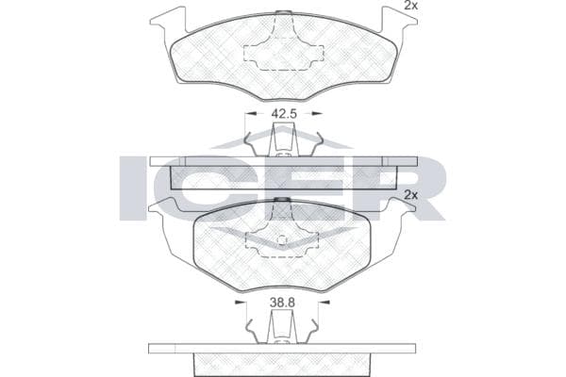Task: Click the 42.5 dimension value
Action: click(x=284, y=114)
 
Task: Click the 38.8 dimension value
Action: click(x=282, y=303)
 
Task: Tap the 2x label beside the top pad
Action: click(x=410, y=6)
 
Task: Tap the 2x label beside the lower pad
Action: click(x=410, y=195)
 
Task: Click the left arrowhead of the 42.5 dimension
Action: click(x=251, y=113)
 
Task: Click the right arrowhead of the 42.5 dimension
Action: click(x=317, y=113)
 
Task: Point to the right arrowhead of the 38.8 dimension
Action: click(x=325, y=302)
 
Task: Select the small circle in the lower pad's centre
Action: click(x=281, y=239)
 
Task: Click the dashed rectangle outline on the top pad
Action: click(x=284, y=57)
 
